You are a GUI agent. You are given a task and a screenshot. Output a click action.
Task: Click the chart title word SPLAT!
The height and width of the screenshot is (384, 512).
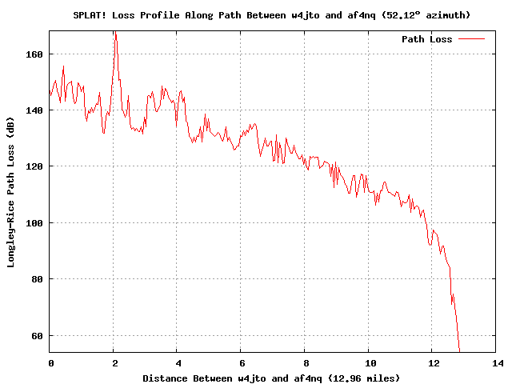pyautogui.click(x=90, y=14)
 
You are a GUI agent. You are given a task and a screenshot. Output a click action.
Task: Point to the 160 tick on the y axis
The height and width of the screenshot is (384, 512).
pyautogui.click(x=35, y=54)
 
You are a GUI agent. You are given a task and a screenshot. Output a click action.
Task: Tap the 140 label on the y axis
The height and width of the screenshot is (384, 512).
pyautogui.click(x=35, y=110)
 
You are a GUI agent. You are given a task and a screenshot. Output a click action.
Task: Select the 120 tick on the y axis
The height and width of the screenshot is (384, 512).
pyautogui.click(x=35, y=166)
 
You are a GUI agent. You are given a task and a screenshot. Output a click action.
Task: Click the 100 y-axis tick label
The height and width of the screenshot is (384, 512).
pyautogui.click(x=35, y=222)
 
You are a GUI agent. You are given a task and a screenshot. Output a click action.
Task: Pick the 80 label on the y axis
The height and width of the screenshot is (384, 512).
pyautogui.click(x=38, y=279)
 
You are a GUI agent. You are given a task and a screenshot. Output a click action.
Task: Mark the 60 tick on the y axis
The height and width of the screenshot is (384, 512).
pyautogui.click(x=38, y=335)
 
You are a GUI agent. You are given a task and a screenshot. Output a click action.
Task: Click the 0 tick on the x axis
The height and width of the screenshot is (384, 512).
pyautogui.click(x=50, y=362)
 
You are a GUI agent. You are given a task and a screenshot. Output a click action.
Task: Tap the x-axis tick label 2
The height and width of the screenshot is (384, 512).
pyautogui.click(x=114, y=362)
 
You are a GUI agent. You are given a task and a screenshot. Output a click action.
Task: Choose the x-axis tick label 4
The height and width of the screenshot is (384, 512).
pyautogui.click(x=178, y=362)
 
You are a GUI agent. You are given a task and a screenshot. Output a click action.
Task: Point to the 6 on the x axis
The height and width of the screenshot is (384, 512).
pyautogui.click(x=241, y=362)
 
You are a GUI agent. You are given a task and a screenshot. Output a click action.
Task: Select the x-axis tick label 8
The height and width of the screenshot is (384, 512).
pyautogui.click(x=305, y=362)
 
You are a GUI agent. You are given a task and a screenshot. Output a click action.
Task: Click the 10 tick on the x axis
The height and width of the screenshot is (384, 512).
pyautogui.click(x=369, y=362)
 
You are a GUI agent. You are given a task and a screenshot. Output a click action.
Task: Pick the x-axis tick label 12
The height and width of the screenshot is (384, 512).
pyautogui.click(x=432, y=362)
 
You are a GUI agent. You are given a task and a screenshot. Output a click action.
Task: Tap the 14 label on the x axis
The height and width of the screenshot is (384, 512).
pyautogui.click(x=496, y=362)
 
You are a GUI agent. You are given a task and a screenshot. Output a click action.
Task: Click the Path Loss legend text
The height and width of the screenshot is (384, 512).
pyautogui.click(x=426, y=39)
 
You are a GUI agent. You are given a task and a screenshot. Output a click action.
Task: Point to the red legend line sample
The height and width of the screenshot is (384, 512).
pyautogui.click(x=472, y=39)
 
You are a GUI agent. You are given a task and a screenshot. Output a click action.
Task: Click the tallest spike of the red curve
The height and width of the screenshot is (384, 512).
pyautogui.click(x=114, y=33)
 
